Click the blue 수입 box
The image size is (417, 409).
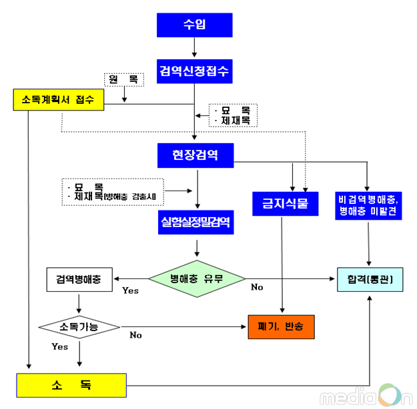(194, 25)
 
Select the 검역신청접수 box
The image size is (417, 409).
(194, 71)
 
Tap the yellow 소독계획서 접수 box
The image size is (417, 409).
(58, 100)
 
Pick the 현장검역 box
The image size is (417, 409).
(195, 155)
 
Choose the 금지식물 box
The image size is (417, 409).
(281, 204)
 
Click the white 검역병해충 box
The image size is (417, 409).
(79, 279)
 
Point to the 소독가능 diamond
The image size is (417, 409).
(79, 327)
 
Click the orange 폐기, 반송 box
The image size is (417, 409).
(280, 327)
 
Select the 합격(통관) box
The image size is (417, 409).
(370, 279)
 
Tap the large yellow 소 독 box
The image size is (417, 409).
(71, 385)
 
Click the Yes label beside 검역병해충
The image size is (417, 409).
(130, 290)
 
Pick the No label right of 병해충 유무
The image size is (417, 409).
(257, 287)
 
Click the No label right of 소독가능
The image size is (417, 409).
(135, 335)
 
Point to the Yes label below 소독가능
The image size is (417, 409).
(60, 347)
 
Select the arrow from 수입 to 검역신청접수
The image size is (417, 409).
(194, 47)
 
